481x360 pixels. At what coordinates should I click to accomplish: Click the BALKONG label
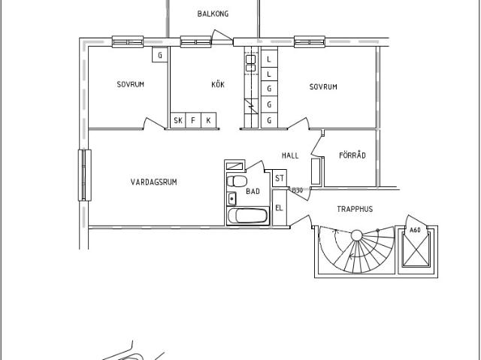[x=213, y=14]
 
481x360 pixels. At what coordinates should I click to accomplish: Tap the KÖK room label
[x=218, y=84]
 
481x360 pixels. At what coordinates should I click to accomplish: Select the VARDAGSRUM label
[x=153, y=182]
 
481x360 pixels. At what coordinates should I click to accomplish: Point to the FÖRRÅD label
[x=352, y=155]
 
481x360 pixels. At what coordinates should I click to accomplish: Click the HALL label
[x=290, y=156]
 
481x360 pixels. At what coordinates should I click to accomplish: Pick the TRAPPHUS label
[x=355, y=209]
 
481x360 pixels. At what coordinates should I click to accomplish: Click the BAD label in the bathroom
[x=253, y=192]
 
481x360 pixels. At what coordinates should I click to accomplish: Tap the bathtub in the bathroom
[x=247, y=216]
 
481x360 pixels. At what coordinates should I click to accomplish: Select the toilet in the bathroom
[x=237, y=181]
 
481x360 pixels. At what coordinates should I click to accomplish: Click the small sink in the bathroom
[x=231, y=198]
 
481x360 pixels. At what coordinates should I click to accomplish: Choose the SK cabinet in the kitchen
[x=178, y=120]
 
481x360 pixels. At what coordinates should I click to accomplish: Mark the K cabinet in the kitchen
[x=209, y=120]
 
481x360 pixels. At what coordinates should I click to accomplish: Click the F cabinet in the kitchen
[x=193, y=120]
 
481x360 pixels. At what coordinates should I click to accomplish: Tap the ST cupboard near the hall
[x=280, y=178]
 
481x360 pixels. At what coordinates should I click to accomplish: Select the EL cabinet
[x=279, y=208]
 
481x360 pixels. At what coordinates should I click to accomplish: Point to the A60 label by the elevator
[x=415, y=230]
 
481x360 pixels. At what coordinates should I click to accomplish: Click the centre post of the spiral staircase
[x=356, y=235]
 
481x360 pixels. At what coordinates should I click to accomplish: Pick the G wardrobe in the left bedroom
[x=160, y=55]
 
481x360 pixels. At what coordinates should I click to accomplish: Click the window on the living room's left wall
[x=85, y=175]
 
